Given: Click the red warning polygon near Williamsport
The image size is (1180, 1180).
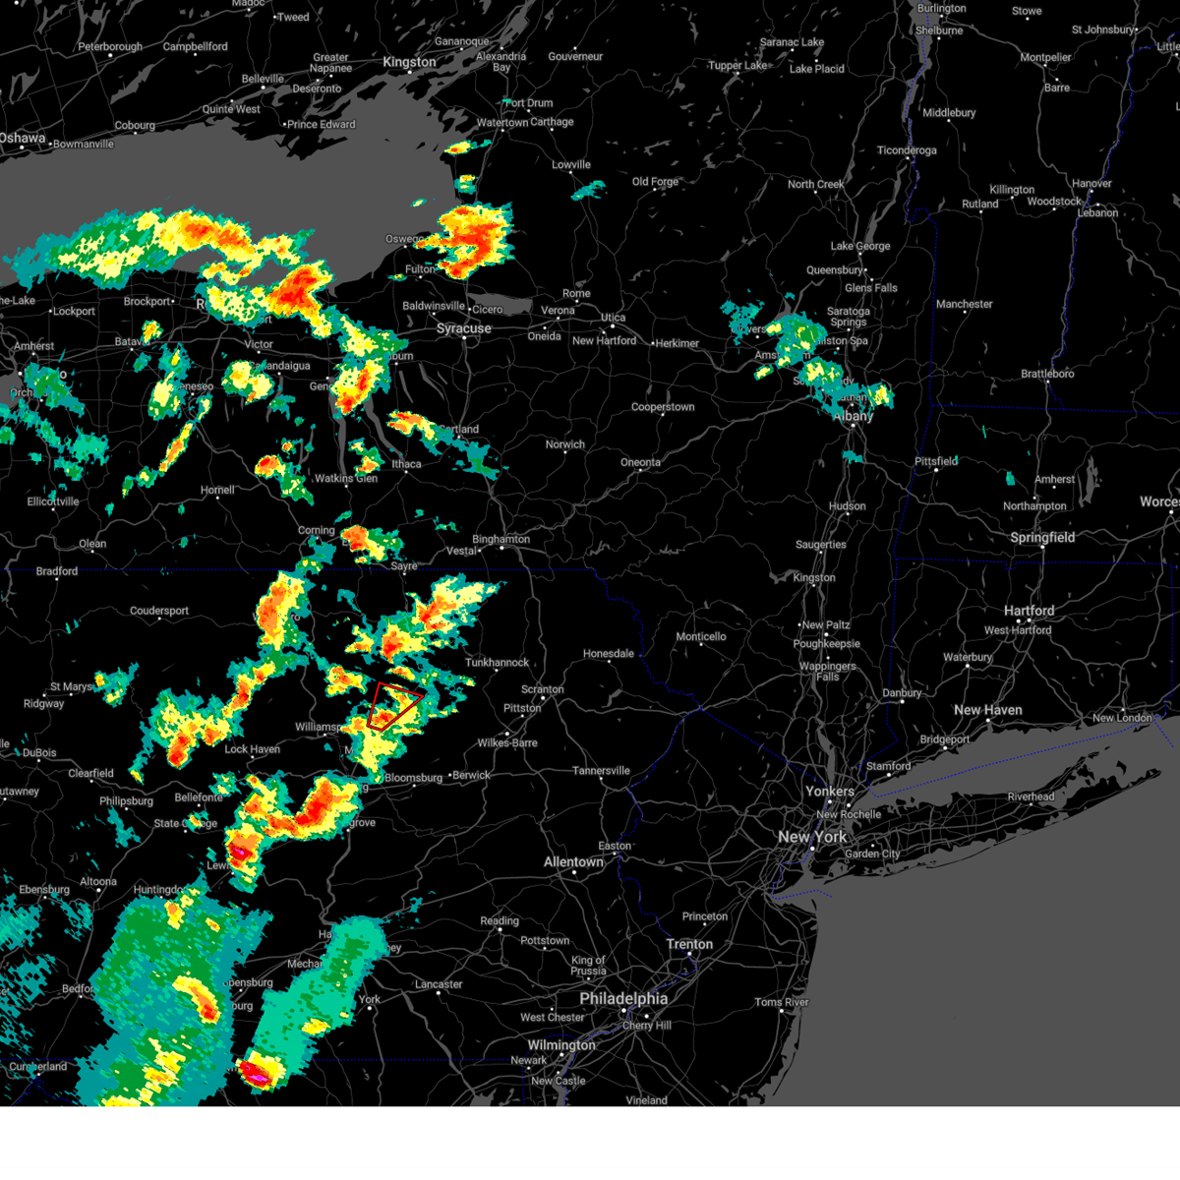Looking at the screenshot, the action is click(x=393, y=705).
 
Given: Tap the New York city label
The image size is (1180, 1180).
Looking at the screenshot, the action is click(x=812, y=837).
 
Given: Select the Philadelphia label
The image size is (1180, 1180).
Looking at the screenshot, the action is click(x=623, y=998).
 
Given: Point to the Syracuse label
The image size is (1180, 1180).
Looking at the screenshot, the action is click(x=464, y=328).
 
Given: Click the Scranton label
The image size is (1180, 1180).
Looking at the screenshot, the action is click(x=543, y=689).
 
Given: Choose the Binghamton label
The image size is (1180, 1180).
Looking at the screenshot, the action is click(x=501, y=539).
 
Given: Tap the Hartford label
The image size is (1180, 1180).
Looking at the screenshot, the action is click(x=1029, y=611).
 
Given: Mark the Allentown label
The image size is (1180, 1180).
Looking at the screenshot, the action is click(x=574, y=862).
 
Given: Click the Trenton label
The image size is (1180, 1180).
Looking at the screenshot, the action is click(x=689, y=944).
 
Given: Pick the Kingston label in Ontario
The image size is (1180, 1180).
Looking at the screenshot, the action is click(x=409, y=62).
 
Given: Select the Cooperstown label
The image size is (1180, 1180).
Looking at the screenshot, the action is click(x=663, y=407).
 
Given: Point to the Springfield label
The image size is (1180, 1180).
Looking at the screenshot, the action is click(x=1042, y=538).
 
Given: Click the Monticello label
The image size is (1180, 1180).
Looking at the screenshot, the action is click(x=701, y=636).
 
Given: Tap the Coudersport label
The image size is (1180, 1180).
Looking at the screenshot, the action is click(x=159, y=611).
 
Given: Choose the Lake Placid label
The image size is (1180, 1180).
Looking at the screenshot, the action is click(x=816, y=69).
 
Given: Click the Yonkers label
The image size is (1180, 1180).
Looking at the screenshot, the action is click(x=830, y=791).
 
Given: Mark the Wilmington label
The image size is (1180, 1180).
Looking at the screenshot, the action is click(x=561, y=1044).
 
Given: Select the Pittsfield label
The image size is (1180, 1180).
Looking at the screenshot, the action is click(x=936, y=461).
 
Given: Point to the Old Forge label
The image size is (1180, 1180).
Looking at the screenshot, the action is click(x=655, y=182).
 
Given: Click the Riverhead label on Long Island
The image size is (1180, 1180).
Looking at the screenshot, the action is click(x=1031, y=796).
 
